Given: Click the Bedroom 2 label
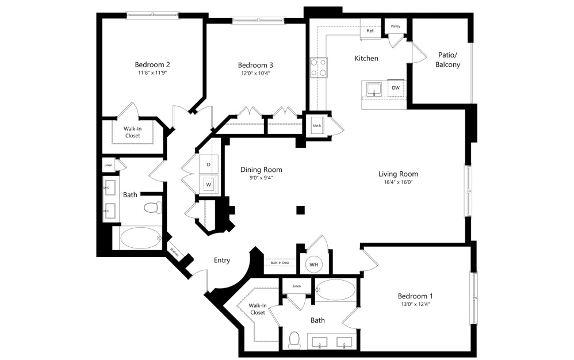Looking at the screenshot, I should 152,64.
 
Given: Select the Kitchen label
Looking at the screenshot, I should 366,58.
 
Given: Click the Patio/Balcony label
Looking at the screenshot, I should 449,60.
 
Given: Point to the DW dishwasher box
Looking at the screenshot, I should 395,88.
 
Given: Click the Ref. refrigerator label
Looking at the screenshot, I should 370,30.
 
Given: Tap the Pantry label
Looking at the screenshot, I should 396,26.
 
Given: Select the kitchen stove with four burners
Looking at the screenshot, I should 319,68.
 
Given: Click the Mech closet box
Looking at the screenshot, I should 317,127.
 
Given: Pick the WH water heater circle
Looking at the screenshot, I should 314,264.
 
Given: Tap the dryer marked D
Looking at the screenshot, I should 209,165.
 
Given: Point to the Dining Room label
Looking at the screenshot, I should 261,170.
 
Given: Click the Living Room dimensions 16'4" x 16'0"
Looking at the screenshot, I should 398,182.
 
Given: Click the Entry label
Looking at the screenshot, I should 222,260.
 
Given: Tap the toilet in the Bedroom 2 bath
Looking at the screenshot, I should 151,208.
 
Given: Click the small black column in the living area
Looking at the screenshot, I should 300,210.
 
